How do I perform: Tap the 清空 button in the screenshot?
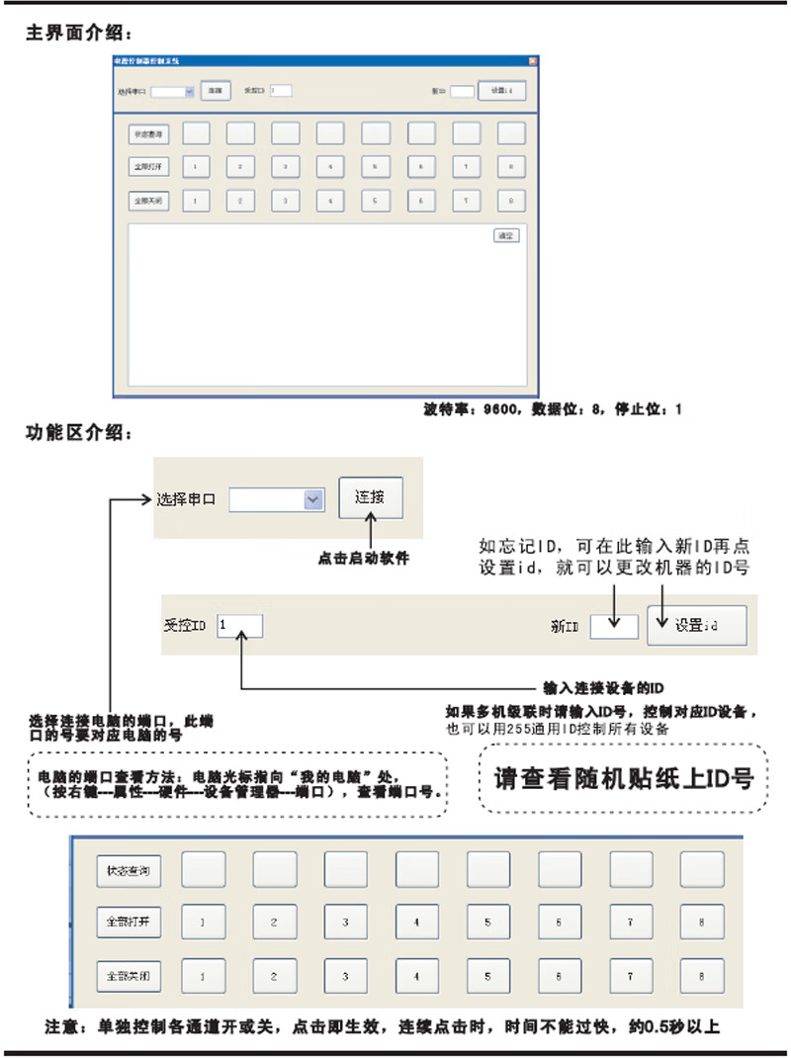pos(506,236)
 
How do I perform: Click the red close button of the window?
pos(532,61)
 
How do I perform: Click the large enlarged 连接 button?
pos(371,497)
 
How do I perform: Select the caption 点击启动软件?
pos(363,559)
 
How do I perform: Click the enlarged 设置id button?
pos(696,625)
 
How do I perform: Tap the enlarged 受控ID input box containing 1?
pos(239,626)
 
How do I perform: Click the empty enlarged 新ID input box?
pos(613,626)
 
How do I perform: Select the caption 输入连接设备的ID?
pos(603,686)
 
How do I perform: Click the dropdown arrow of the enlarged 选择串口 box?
pos(313,500)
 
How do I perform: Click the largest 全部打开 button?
pos(129,922)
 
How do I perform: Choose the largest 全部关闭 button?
pos(129,975)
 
